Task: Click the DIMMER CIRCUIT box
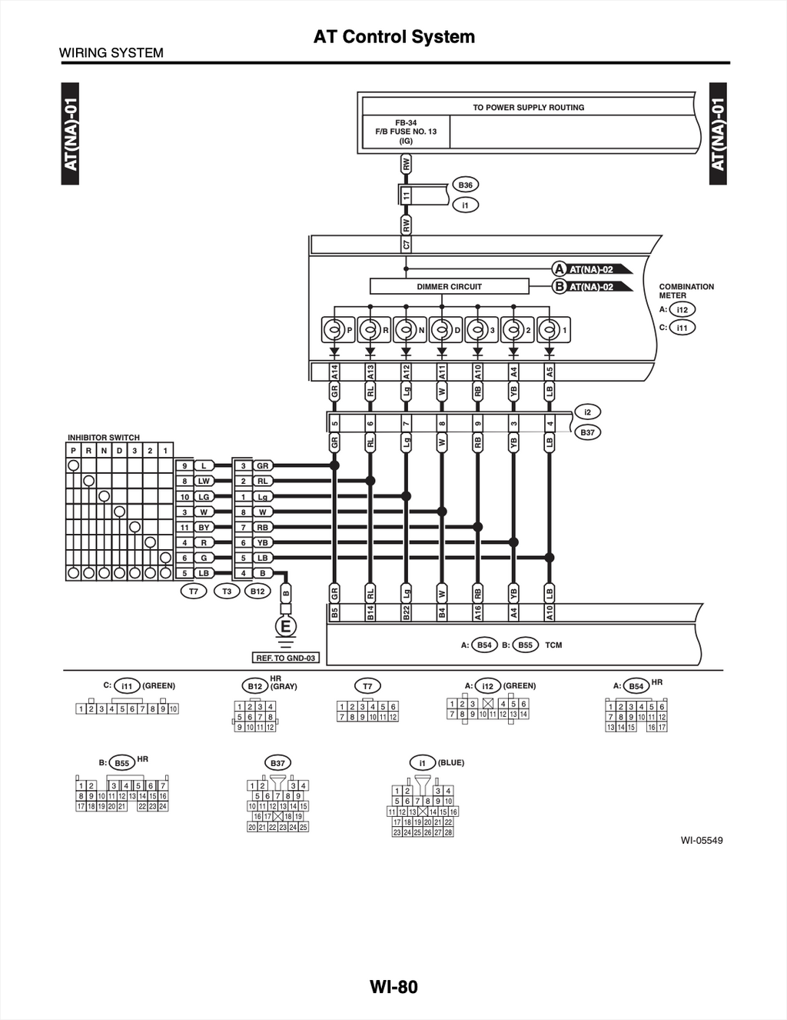pos(450,286)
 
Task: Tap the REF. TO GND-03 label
pos(286,658)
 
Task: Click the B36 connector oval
pos(465,185)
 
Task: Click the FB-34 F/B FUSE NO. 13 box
pos(406,132)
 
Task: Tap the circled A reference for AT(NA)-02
pos(559,269)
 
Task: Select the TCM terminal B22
pos(406,612)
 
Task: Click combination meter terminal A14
pos(334,372)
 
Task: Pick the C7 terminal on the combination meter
pos(406,244)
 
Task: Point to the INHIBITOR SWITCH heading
pos(104,438)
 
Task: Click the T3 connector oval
pos(227,591)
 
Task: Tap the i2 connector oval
pos(587,412)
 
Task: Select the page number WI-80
pos(393,987)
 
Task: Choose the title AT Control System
pos(394,37)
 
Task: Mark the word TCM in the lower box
pos(553,645)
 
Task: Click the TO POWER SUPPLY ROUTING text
pos(529,108)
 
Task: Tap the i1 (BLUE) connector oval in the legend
pos(422,763)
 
